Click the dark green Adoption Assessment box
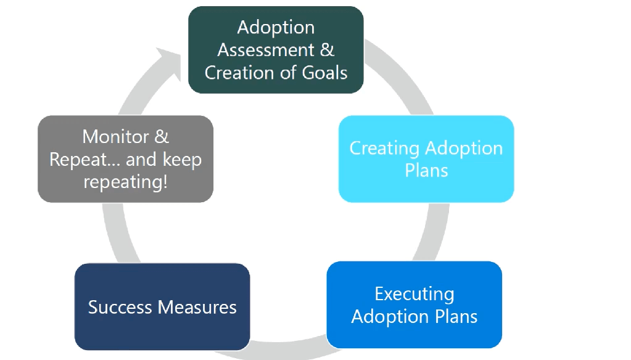[276, 50]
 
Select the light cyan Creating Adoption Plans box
[426, 159]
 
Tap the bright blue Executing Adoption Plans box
[414, 305]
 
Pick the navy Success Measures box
[162, 307]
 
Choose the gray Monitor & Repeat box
[126, 159]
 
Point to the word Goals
[324, 73]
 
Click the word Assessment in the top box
[266, 50]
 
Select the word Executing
[414, 294]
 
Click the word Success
[120, 308]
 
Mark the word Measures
[197, 308]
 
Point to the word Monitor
[115, 137]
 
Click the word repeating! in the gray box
[126, 182]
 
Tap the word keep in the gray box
[183, 160]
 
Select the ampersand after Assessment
[327, 50]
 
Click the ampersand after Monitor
[162, 137]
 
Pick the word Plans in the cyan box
[427, 171]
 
